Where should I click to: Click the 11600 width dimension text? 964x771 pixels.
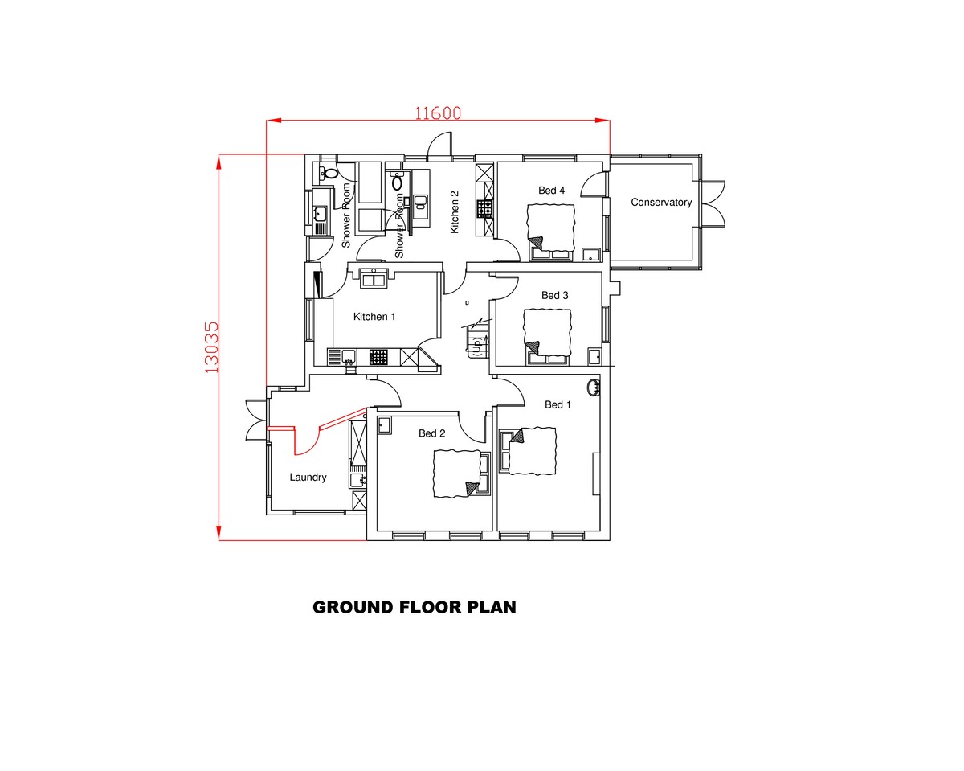pyautogui.click(x=438, y=113)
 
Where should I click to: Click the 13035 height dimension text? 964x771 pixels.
pyautogui.click(x=210, y=347)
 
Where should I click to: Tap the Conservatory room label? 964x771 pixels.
pyautogui.click(x=661, y=203)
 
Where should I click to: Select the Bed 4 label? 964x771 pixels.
pyautogui.click(x=551, y=191)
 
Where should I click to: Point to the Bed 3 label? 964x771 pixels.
pyautogui.click(x=554, y=296)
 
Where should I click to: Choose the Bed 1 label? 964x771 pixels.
pyautogui.click(x=558, y=404)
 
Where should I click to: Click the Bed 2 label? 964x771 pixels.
pyautogui.click(x=431, y=433)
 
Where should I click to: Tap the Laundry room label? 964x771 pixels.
pyautogui.click(x=308, y=478)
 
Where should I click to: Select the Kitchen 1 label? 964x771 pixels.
pyautogui.click(x=374, y=317)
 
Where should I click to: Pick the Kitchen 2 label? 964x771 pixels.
pyautogui.click(x=455, y=212)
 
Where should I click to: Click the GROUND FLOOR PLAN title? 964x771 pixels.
pyautogui.click(x=414, y=607)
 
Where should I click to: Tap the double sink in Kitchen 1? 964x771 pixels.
pyautogui.click(x=374, y=280)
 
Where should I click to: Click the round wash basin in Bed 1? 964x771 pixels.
pyautogui.click(x=594, y=387)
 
